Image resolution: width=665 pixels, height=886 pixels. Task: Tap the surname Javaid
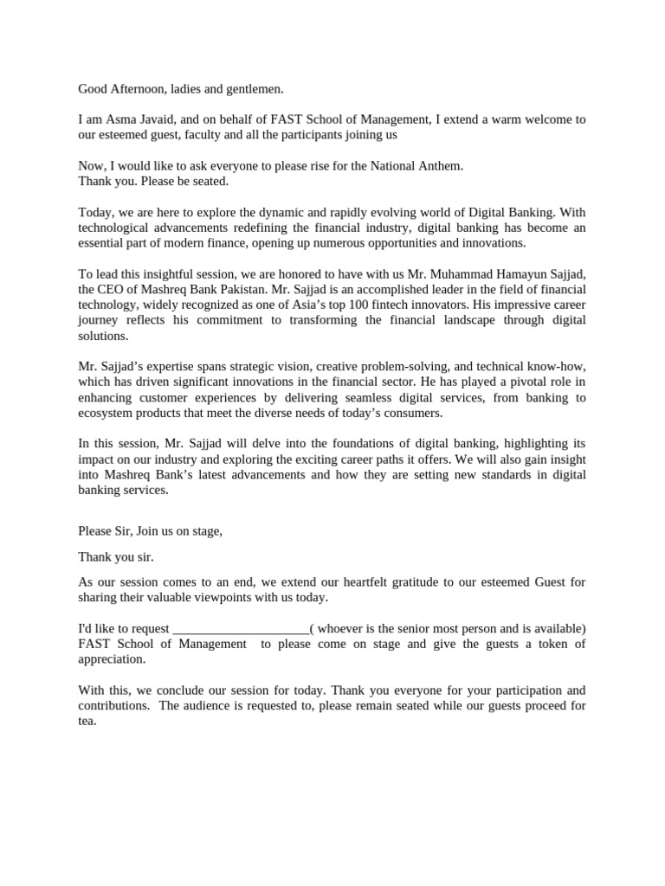[x=165, y=119]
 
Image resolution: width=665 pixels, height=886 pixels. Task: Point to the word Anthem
[x=442, y=165]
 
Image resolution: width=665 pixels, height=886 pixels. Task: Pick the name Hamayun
[x=517, y=274]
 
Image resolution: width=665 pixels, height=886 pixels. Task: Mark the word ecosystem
[x=107, y=414]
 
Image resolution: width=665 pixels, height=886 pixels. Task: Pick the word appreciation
[x=111, y=659]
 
